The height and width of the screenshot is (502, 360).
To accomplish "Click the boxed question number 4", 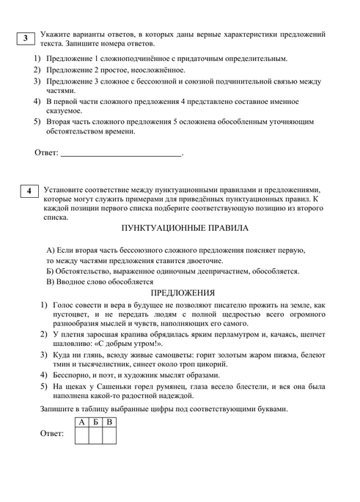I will [x=28, y=192].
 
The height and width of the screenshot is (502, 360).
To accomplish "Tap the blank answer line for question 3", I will [x=120, y=155].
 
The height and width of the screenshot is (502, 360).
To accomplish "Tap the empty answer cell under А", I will [x=81, y=435].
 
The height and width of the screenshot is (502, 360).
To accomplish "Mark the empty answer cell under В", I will [x=109, y=435].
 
